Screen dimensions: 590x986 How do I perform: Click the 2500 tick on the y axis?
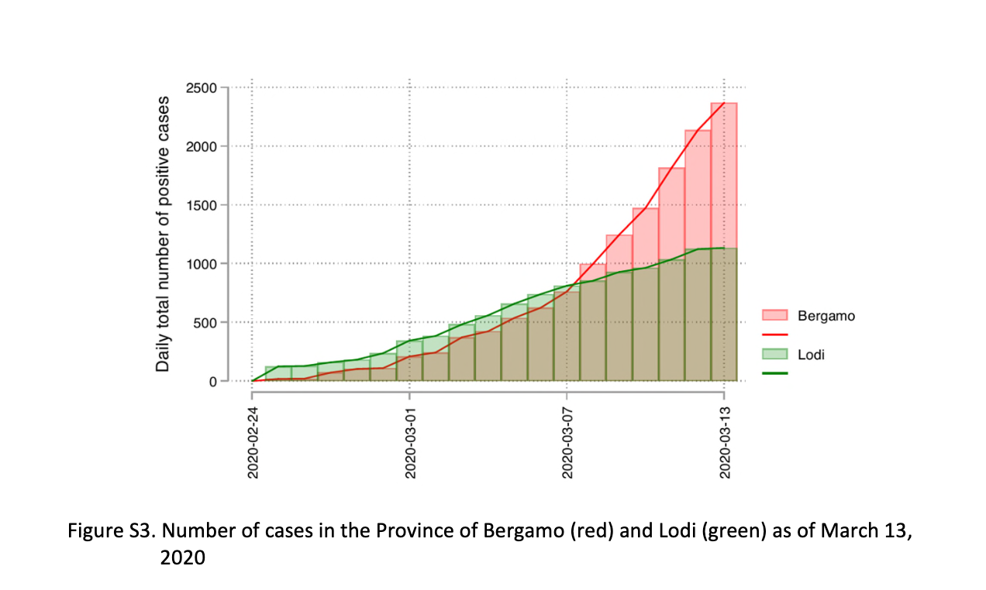[202, 87]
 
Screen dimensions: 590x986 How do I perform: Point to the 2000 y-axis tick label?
[202, 146]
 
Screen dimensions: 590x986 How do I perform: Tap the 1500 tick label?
[202, 205]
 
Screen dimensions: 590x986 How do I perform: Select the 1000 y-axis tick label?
[202, 264]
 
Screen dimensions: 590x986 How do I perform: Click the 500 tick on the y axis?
[205, 322]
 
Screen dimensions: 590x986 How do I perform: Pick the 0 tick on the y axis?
[213, 381]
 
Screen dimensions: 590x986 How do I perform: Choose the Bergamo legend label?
[826, 316]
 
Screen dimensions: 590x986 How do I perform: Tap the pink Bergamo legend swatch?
[774, 315]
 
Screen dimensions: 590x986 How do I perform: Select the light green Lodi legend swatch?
[774, 354]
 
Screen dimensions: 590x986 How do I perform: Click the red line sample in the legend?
[774, 334]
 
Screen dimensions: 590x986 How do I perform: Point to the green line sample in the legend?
[774, 372]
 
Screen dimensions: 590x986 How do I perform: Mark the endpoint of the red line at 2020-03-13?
[724, 103]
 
